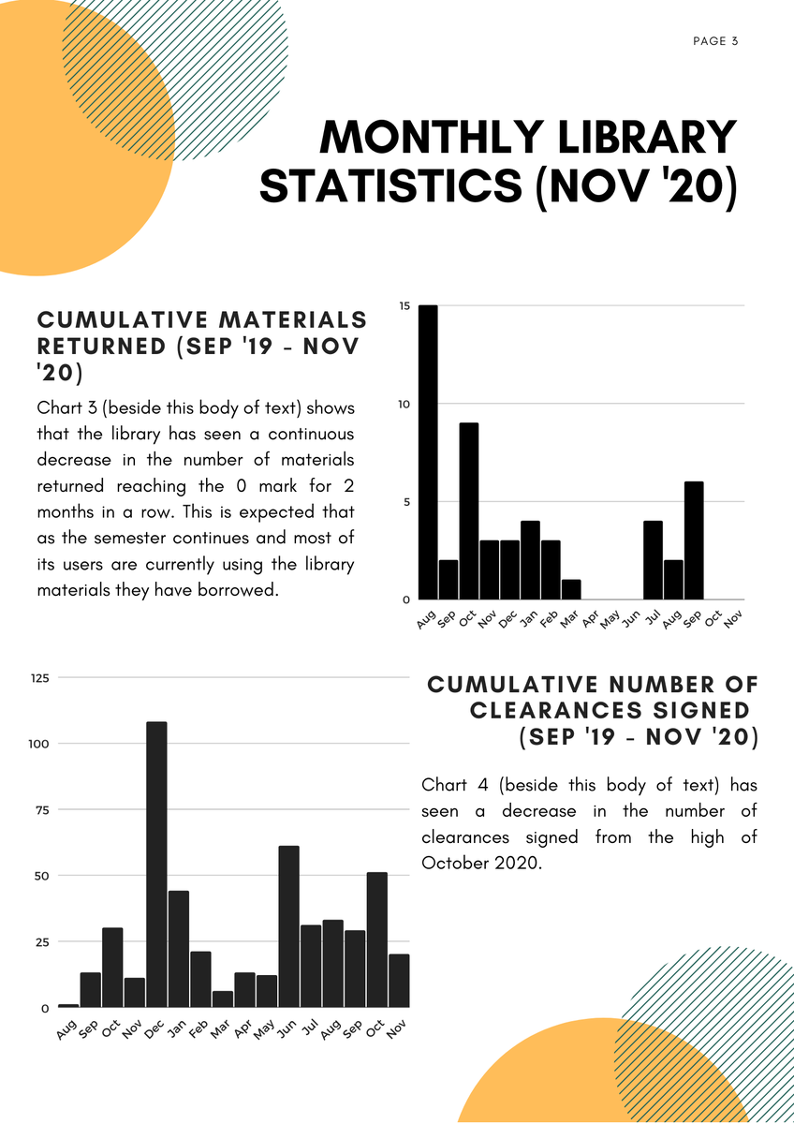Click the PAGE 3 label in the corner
(x=715, y=41)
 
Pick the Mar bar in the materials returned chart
(x=571, y=589)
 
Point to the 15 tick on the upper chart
(x=404, y=306)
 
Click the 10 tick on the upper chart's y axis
(x=404, y=404)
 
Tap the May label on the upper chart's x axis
(x=610, y=619)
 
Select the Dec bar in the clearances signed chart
(x=156, y=865)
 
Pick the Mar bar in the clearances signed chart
(x=222, y=999)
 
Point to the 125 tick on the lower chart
(x=39, y=677)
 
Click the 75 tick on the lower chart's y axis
(x=43, y=809)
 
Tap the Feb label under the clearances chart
(x=198, y=1029)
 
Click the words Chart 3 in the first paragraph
(x=66, y=408)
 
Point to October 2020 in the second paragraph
(x=481, y=863)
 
